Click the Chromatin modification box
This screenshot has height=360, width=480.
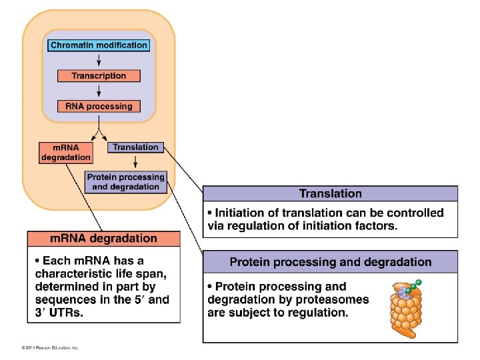(x=99, y=45)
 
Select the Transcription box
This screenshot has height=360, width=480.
(x=99, y=76)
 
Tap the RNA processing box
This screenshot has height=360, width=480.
(x=99, y=106)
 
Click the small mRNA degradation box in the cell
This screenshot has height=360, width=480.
(x=66, y=152)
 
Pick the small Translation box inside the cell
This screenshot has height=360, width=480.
(x=135, y=147)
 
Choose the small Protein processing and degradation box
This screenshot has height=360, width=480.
(x=126, y=182)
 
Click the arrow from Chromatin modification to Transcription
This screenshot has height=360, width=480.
(x=99, y=61)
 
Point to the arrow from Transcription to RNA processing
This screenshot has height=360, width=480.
(x=99, y=91)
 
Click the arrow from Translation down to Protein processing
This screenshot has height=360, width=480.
(x=135, y=161)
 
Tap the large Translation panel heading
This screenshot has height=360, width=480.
(x=331, y=194)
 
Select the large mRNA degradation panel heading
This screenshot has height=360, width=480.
(x=104, y=238)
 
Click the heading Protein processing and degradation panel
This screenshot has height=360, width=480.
(x=331, y=262)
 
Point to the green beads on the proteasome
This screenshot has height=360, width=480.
(x=415, y=285)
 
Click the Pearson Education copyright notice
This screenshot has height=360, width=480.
(x=50, y=348)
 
